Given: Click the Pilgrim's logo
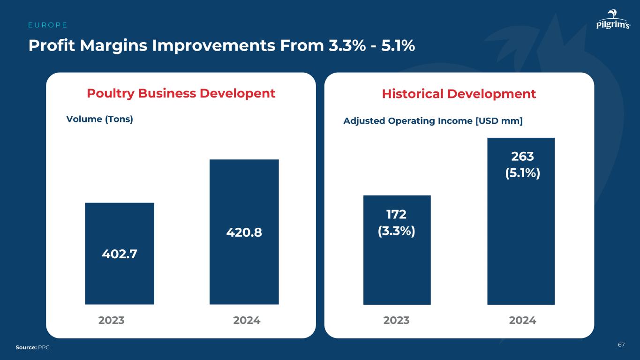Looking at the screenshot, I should (613, 21).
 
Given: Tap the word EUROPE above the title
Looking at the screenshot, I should (48, 25).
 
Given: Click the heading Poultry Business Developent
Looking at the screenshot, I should (181, 93).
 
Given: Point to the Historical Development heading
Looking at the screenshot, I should (459, 94).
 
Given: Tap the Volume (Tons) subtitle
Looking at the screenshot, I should (100, 119).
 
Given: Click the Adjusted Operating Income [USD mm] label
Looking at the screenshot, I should (433, 121).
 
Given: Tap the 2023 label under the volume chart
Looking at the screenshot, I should (111, 321).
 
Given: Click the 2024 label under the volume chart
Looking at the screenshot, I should (247, 321).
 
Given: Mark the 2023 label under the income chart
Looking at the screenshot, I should (396, 321).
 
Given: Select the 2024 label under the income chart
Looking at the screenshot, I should (522, 321).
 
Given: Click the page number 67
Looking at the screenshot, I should (621, 345).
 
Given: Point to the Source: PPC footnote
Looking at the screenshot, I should (32, 347).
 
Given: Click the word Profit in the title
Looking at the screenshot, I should (51, 45).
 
